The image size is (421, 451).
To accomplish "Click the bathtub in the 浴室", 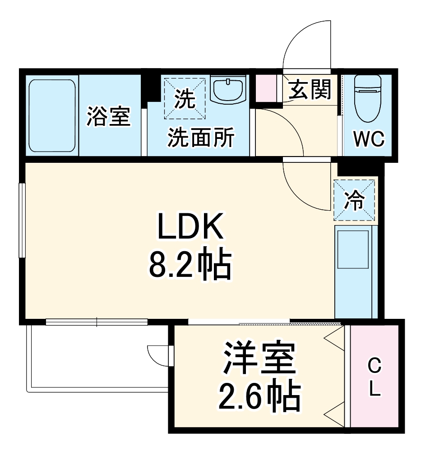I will click(51, 116).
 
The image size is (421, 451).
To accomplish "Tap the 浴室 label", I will click(109, 116).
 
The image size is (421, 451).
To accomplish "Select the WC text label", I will click(369, 139).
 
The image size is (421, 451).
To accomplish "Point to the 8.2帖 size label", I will click(190, 263).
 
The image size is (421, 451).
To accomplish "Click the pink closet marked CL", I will click(374, 377).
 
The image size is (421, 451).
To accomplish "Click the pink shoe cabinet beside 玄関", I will click(266, 89).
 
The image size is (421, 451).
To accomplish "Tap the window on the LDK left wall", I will click(21, 220).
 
